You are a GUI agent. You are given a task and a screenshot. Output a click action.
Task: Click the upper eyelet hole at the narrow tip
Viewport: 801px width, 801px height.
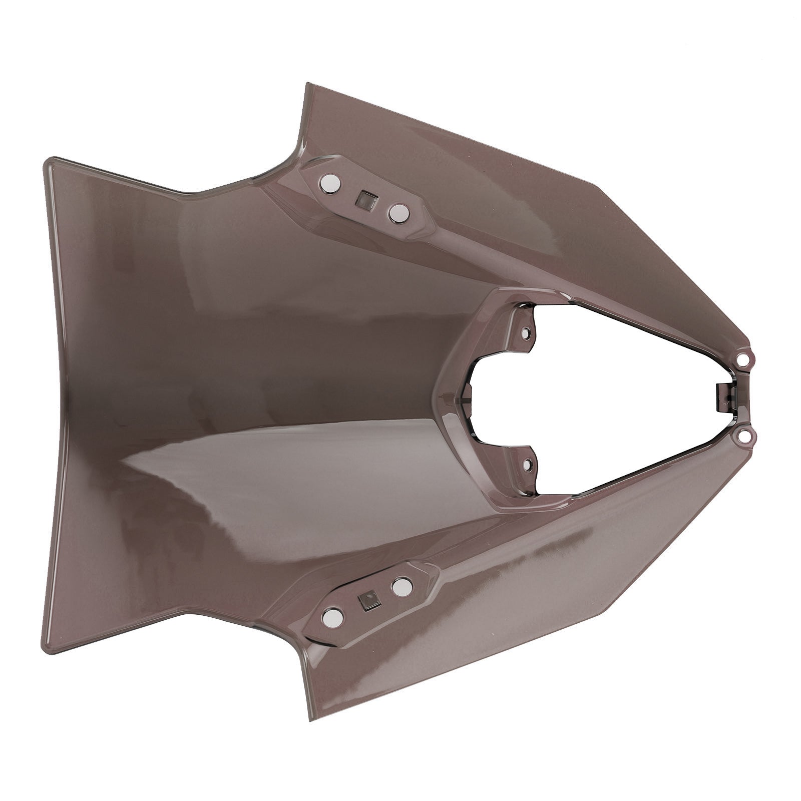coord(743,359)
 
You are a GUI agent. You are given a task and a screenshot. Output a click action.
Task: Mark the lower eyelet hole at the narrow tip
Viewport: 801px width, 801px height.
coord(743,438)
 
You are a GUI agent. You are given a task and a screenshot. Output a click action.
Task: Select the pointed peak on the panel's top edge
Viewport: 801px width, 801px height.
coord(306,85)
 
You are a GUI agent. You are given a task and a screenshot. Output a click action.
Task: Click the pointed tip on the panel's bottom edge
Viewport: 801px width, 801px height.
coord(306,716)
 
